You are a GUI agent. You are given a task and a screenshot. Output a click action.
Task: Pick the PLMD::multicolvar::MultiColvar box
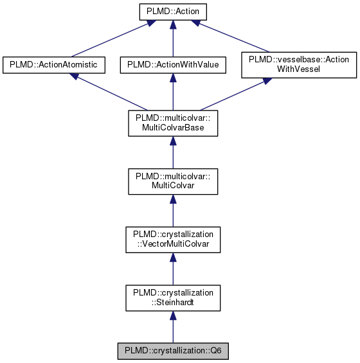172,181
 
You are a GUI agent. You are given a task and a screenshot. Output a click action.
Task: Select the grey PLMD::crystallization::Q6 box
172,351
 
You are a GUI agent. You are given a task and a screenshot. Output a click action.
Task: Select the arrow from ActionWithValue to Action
172,39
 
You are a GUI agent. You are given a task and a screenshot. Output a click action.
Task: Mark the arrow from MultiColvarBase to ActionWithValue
172,93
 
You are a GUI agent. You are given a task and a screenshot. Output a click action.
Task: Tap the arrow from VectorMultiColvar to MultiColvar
172,210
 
